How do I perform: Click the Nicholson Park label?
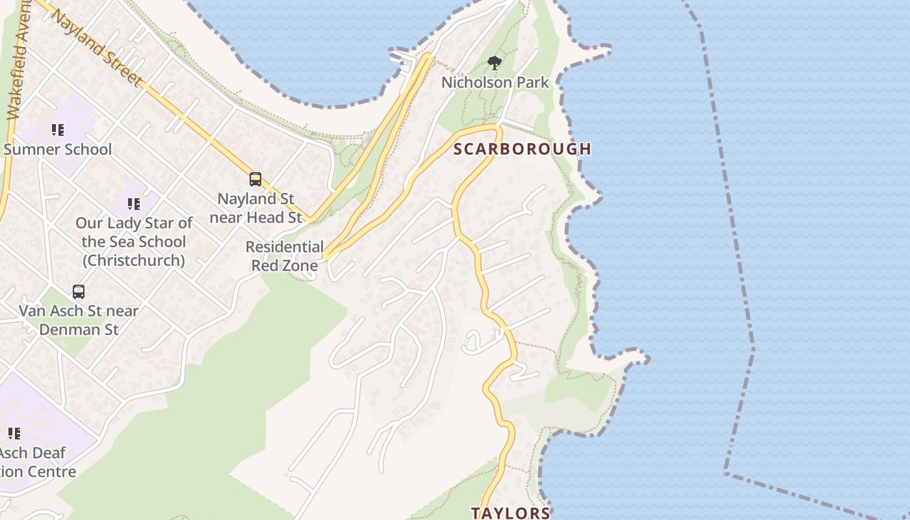tap(495, 83)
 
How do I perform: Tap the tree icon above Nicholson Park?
tap(495, 63)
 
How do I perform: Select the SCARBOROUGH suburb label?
tap(522, 149)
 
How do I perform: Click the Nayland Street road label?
tap(97, 47)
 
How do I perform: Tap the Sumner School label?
tap(58, 149)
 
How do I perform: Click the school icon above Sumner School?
tap(58, 131)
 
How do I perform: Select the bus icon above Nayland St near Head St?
tap(255, 179)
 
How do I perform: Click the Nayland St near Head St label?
tap(256, 208)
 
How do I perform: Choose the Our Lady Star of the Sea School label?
tap(134, 242)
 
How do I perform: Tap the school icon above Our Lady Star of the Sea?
tap(134, 205)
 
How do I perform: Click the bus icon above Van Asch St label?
tap(79, 292)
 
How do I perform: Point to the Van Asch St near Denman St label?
tap(79, 320)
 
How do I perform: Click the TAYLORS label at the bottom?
tap(510, 513)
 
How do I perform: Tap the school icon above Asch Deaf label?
tap(14, 434)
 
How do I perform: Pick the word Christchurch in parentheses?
tap(134, 261)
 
